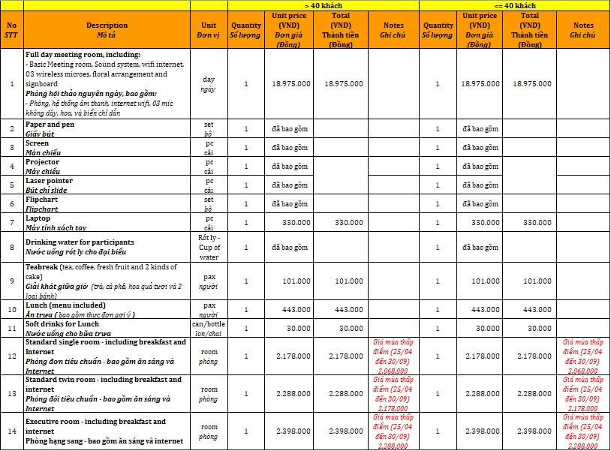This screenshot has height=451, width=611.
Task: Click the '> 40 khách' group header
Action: [x=324, y=5]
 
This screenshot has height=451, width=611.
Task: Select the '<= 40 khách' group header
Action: [x=513, y=5]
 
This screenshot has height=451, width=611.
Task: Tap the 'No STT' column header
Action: [x=11, y=30]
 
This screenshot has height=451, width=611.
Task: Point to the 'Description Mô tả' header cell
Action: [x=107, y=30]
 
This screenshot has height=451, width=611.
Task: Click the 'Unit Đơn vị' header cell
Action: [x=209, y=30]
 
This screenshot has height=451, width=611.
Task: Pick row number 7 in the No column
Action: [x=11, y=222]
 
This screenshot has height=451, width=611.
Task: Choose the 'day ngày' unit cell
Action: [x=209, y=84]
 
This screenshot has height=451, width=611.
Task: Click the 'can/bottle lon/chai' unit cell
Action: [x=209, y=328]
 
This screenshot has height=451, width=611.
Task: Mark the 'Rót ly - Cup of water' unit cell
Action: [x=209, y=246]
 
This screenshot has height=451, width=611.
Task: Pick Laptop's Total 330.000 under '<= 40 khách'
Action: [x=530, y=222]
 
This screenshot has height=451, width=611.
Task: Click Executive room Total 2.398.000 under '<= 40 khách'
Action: [x=530, y=431]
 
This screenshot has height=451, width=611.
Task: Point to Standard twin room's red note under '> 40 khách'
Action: [x=393, y=393]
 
